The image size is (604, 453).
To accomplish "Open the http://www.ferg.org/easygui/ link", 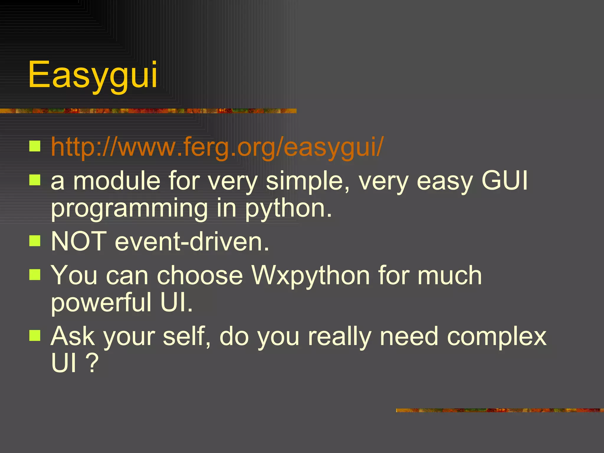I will pyautogui.click(x=217, y=147).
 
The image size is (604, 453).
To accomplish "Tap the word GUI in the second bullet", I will pyautogui.click(x=504, y=181).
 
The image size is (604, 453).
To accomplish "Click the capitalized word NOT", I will pyautogui.click(x=79, y=241).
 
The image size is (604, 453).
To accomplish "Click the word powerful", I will pyautogui.click(x=101, y=303).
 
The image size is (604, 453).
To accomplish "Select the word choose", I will pyautogui.click(x=200, y=275).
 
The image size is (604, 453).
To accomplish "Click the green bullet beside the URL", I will pyautogui.click(x=35, y=146).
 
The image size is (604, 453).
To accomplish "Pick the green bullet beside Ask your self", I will pyautogui.click(x=35, y=335).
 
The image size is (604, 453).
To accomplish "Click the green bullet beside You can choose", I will pyautogui.click(x=35, y=275).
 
